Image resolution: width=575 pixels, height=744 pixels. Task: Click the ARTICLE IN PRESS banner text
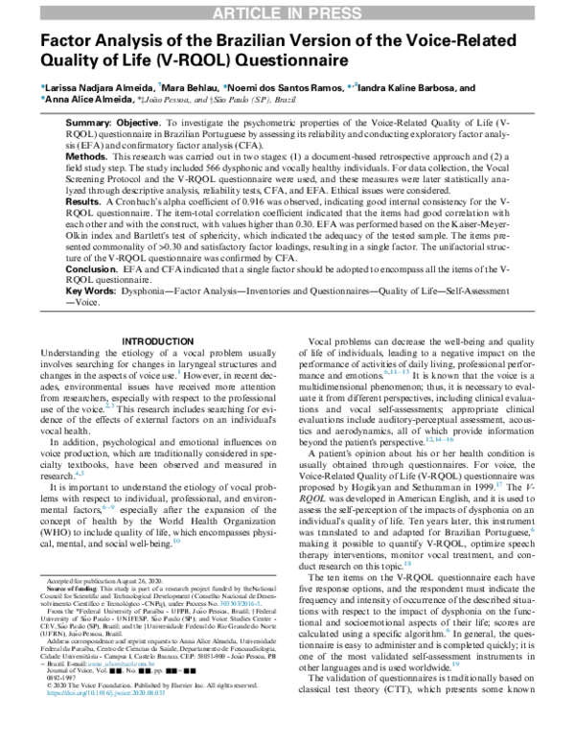coord(287,12)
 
